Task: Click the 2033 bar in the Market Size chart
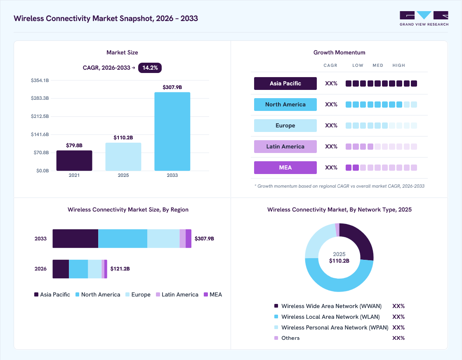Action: coord(172,132)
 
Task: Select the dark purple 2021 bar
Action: coord(74,160)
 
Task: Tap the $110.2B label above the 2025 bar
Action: coord(123,138)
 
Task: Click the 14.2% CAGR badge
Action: coord(150,68)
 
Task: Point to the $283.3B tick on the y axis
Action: coord(40,98)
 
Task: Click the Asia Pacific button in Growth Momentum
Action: coord(285,83)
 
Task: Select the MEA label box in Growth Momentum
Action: coord(285,167)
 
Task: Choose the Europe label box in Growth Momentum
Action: coord(285,125)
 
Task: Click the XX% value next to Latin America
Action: coord(331,146)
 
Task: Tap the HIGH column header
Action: coord(398,66)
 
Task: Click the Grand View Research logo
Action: coord(424,19)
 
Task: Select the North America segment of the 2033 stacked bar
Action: coord(123,239)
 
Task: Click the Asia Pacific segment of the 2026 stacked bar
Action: coord(61,269)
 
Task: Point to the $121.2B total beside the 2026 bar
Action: coord(120,269)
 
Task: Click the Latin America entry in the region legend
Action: coord(177,294)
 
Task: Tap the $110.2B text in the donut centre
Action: coord(339,261)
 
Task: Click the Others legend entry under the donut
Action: coord(287,338)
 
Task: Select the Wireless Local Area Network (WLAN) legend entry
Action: coord(327,317)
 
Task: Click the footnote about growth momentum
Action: coord(339,186)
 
